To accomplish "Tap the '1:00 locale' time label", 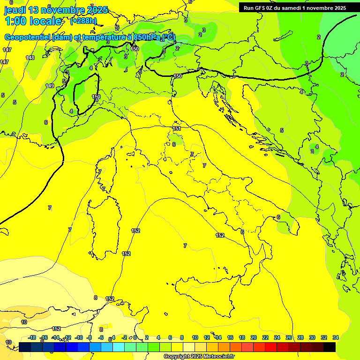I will (x=33, y=21).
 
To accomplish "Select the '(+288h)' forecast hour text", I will (x=83, y=21).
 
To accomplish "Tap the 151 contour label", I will (x=177, y=128).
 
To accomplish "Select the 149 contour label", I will (x=50, y=86).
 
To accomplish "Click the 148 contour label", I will (x=30, y=58).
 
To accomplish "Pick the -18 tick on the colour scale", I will (x=32, y=337).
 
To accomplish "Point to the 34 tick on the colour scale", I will (x=336, y=337).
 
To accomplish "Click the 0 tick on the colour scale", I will (x=135, y=337).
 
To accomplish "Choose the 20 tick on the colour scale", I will (x=253, y=337).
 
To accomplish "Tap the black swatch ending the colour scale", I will (x=330, y=347).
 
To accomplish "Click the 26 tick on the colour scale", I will (x=289, y=337).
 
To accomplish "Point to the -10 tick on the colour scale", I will (x=78, y=337).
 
